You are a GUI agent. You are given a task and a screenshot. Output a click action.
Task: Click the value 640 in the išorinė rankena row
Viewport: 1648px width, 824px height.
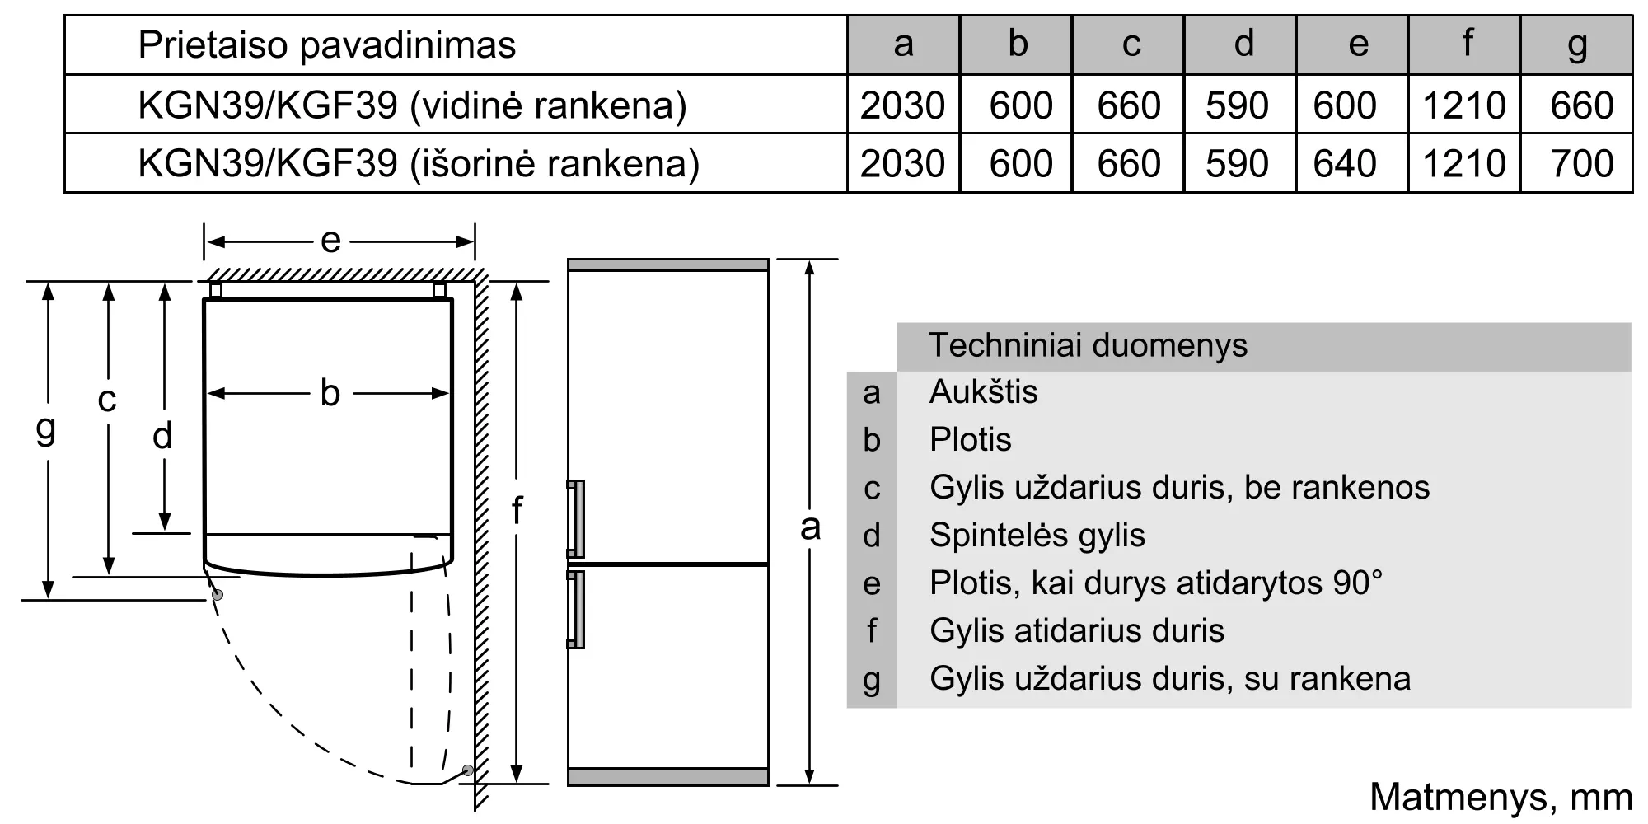[x=1345, y=163]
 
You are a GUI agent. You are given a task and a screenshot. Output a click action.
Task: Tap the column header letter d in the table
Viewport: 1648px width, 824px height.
[x=1244, y=44]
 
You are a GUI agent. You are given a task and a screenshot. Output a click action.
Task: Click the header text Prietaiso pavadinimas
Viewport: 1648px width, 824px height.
[x=327, y=44]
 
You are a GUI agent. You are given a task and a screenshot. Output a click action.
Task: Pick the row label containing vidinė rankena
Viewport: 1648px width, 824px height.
[x=413, y=105]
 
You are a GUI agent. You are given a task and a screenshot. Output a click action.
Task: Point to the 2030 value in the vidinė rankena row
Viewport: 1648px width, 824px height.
[x=902, y=105]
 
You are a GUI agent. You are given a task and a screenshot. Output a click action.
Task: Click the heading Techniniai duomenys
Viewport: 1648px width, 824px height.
[x=1088, y=345]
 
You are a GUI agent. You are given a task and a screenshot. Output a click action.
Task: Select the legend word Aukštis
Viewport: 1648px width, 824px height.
[x=984, y=391]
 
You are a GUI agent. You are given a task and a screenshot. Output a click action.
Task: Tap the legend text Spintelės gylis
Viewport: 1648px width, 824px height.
[x=1037, y=536]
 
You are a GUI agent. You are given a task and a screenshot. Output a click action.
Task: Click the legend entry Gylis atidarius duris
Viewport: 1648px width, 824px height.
[x=1077, y=631]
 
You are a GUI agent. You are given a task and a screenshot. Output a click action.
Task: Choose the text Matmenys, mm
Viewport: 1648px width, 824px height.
[x=1501, y=798]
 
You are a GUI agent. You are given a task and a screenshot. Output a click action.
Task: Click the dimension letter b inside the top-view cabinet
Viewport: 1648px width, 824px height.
[x=330, y=393]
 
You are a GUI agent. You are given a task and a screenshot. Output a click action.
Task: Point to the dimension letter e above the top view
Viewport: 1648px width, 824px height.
[x=330, y=241]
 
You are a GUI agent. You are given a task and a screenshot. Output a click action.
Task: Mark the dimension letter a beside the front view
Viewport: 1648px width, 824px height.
[x=810, y=527]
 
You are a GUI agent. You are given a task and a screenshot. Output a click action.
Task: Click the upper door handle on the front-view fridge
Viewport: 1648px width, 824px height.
[x=575, y=519]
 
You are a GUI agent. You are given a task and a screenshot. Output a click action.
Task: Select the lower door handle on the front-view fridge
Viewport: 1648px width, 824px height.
[x=575, y=610]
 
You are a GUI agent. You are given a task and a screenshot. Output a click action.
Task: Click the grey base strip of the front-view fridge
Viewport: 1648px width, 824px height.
[x=668, y=776]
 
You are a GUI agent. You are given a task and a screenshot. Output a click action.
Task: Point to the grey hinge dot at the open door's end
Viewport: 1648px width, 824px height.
[x=468, y=770]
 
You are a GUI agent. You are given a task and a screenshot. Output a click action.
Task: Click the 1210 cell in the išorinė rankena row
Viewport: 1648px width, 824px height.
[x=1464, y=163]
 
